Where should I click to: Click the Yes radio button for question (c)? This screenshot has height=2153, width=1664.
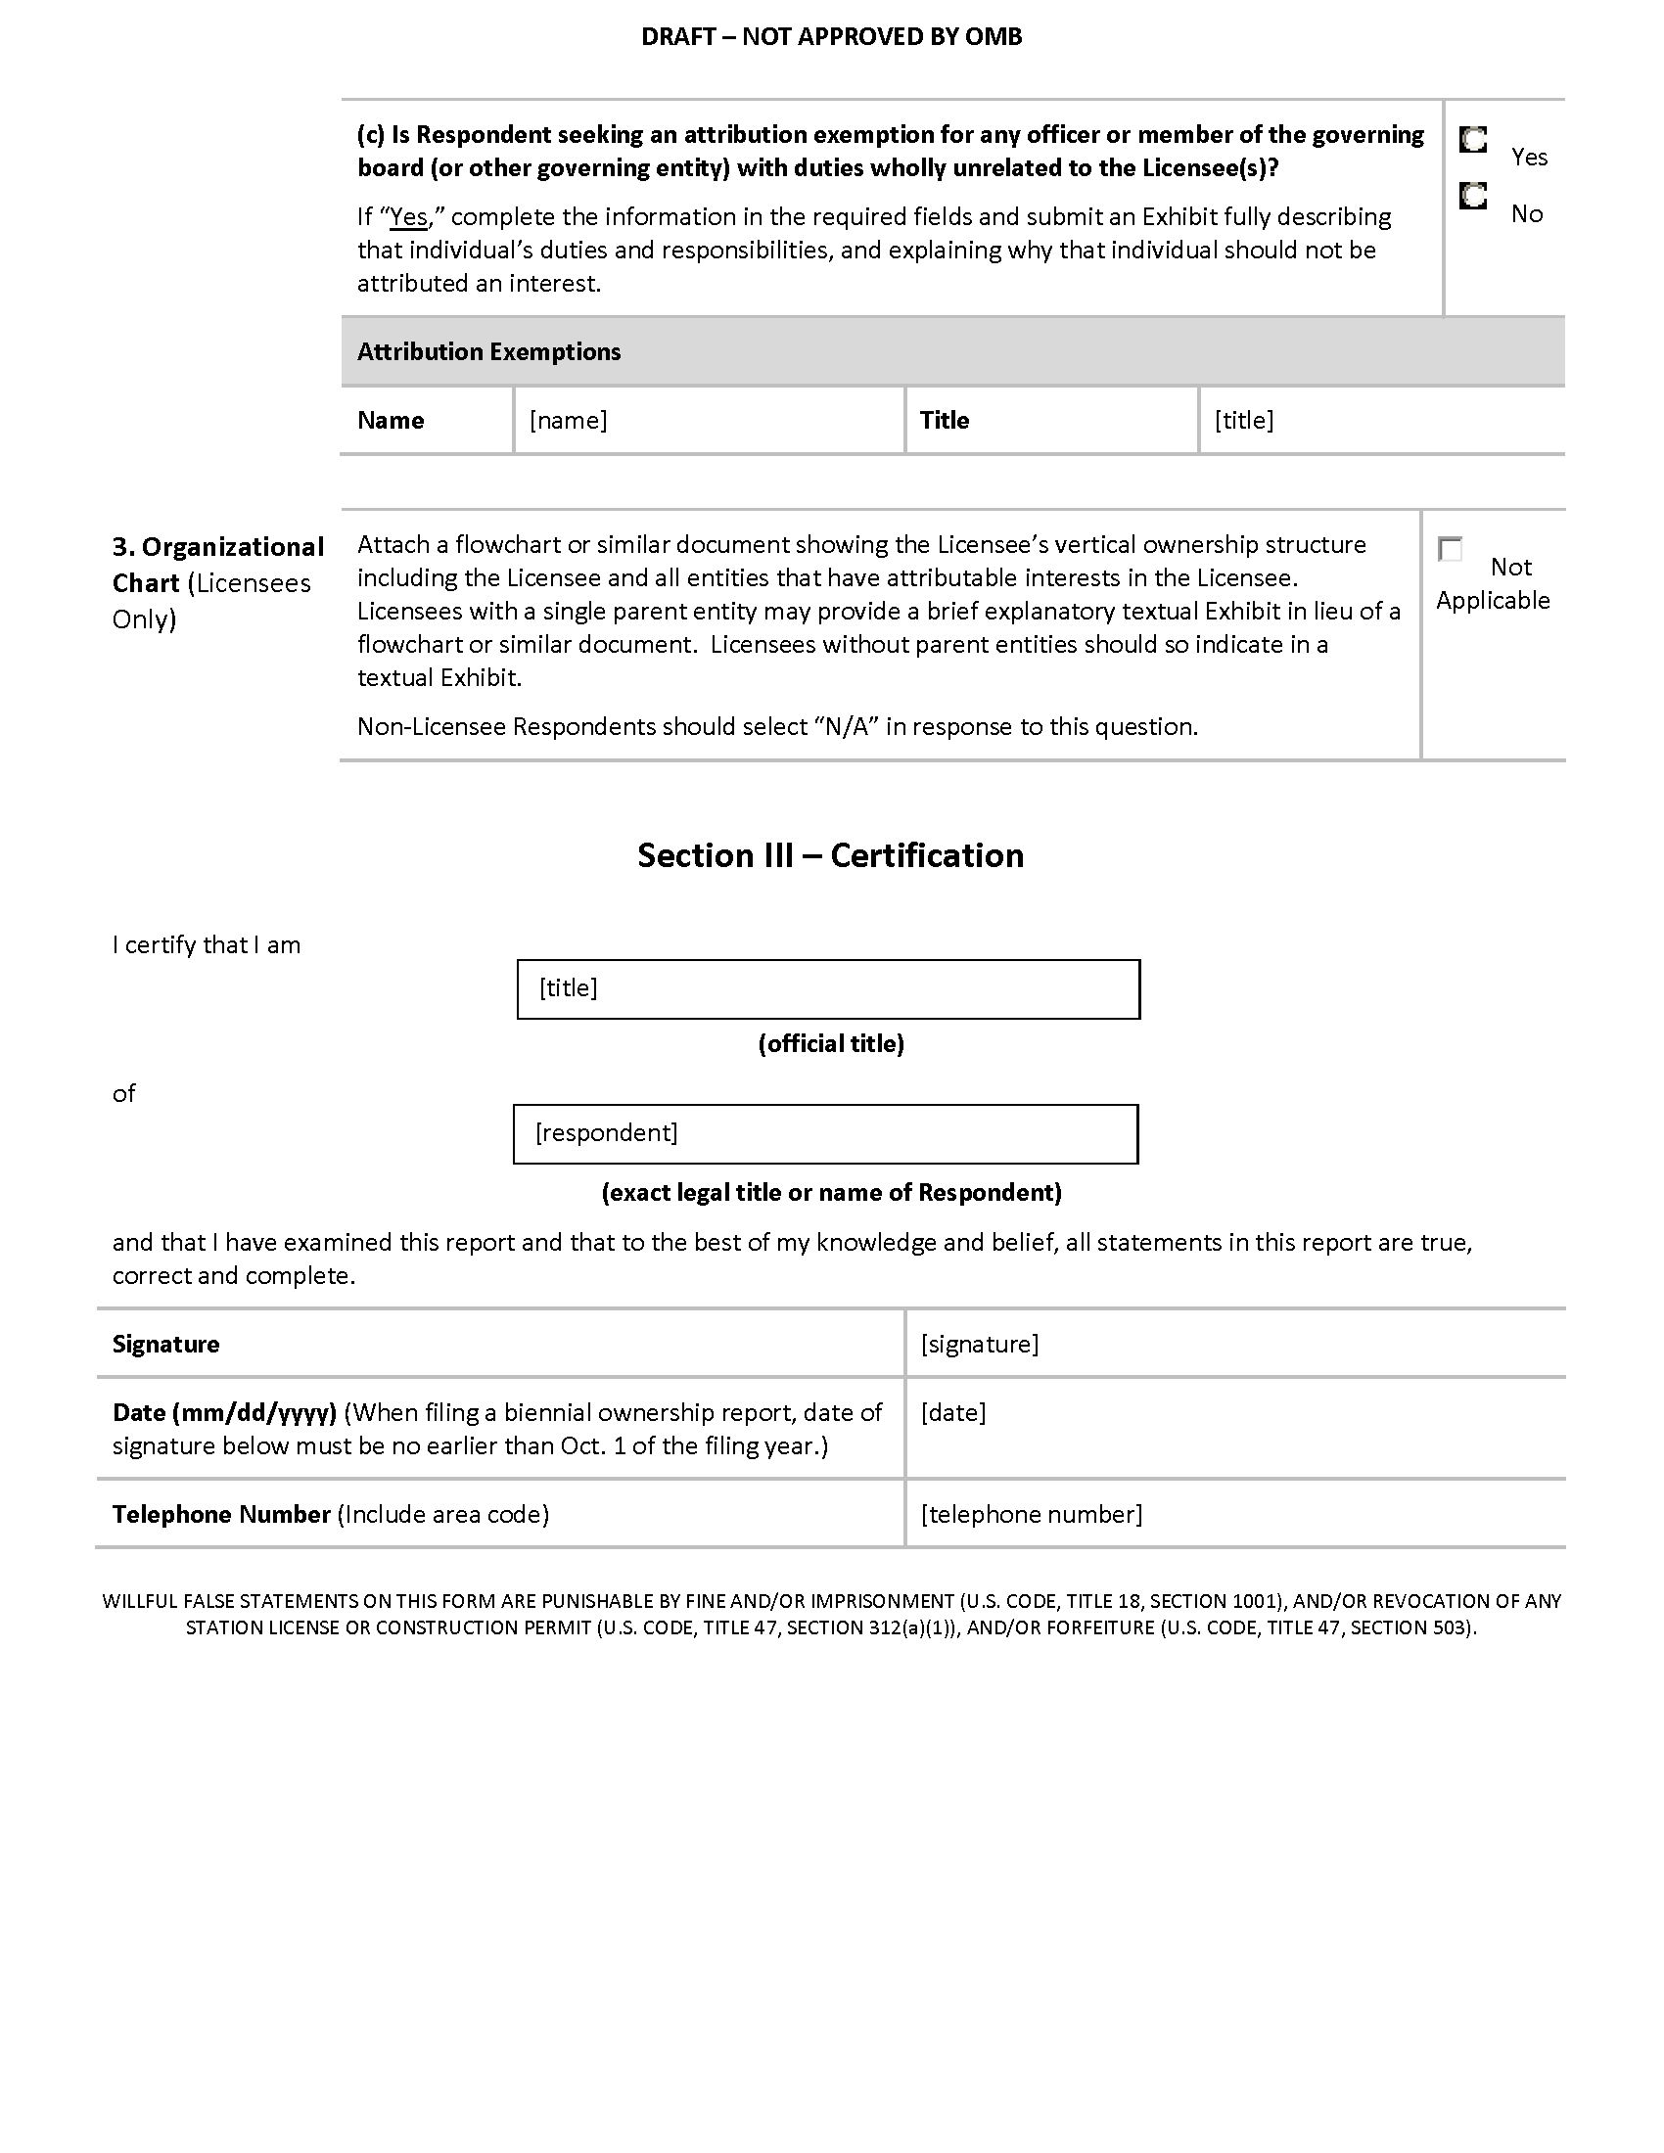pos(1473,140)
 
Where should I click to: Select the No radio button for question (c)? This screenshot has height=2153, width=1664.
pos(1473,197)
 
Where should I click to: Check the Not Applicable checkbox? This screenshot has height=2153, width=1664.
pos(1450,549)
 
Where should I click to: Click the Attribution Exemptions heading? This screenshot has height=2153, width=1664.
pos(489,352)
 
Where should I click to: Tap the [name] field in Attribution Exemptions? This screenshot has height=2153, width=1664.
pos(708,421)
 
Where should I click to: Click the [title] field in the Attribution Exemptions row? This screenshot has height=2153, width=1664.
pos(1380,421)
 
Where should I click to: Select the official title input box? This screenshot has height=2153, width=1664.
pos(828,988)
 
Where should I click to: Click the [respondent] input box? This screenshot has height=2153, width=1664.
pos(825,1133)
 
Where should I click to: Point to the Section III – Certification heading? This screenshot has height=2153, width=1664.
pos(830,855)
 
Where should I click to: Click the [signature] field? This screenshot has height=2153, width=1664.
pos(1234,1344)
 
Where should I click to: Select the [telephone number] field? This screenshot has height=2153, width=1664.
pos(1234,1514)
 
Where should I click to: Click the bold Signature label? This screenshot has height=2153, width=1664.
pos(165,1345)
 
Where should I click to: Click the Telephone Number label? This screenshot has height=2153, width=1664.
pos(221,1514)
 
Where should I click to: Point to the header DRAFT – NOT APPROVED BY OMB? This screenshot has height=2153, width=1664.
pos(831,37)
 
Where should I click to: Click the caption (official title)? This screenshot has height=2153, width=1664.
pos(831,1044)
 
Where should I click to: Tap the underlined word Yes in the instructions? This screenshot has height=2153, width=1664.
pos(409,217)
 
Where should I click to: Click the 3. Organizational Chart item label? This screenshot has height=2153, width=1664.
pos(218,565)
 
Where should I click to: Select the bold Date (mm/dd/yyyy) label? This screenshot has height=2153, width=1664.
pos(225,1412)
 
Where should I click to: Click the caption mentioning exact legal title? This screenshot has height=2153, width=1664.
pos(831,1193)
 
